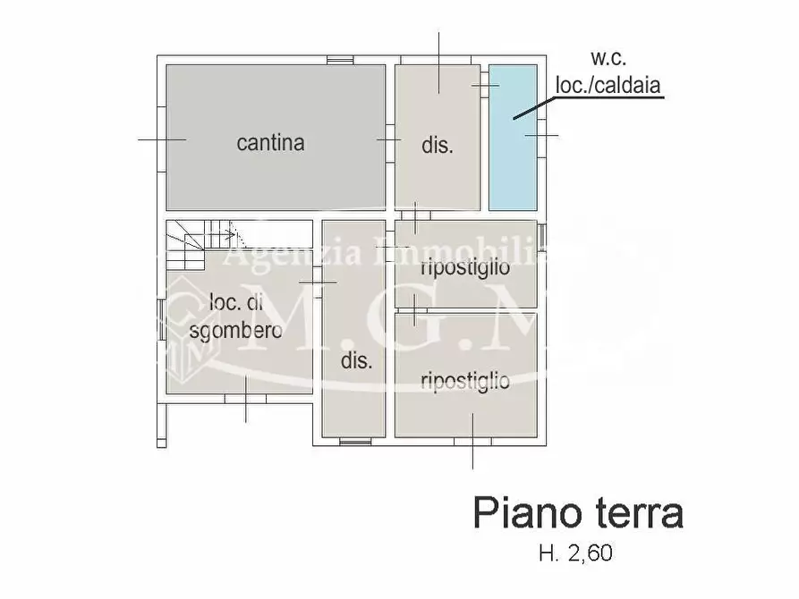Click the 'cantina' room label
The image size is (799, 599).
click(x=270, y=142)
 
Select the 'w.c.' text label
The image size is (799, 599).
click(x=608, y=60)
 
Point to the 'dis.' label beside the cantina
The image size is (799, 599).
click(x=438, y=146)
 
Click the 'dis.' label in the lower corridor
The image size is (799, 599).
click(x=356, y=361)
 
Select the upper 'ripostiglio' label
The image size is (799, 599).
click(x=465, y=266)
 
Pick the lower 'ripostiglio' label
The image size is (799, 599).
click(x=465, y=382)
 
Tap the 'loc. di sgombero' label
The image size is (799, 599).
click(x=237, y=316)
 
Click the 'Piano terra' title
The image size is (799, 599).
click(x=578, y=514)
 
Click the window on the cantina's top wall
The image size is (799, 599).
click(x=340, y=60)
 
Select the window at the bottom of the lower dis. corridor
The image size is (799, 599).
click(x=355, y=441)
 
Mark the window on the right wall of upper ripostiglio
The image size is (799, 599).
click(x=540, y=235)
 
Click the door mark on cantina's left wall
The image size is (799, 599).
click(x=162, y=139)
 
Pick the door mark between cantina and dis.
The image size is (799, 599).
click(x=388, y=140)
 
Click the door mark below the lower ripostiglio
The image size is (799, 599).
click(x=472, y=442)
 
